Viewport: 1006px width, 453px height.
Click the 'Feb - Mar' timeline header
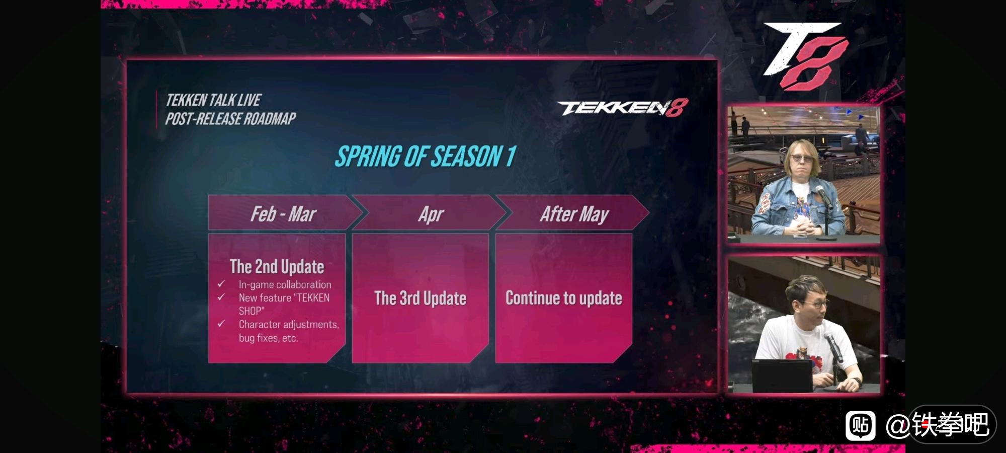(x=283, y=214)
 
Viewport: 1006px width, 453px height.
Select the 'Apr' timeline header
(x=431, y=214)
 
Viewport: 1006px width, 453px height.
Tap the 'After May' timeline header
(x=574, y=214)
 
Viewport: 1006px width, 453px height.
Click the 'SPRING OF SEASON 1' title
(x=426, y=157)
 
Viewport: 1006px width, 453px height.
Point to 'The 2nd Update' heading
(x=277, y=266)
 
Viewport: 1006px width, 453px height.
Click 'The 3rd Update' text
(x=421, y=298)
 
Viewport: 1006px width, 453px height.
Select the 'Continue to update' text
(x=564, y=298)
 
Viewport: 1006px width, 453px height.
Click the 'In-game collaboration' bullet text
(x=285, y=284)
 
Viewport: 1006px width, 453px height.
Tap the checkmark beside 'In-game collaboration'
(x=221, y=284)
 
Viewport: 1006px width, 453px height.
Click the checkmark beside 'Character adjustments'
(x=221, y=324)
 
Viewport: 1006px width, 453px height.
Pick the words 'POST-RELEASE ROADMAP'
(x=230, y=119)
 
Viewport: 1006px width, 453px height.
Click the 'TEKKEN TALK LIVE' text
(x=213, y=100)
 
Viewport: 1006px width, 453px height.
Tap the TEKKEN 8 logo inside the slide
(x=623, y=108)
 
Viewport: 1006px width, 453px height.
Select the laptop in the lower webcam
(x=782, y=375)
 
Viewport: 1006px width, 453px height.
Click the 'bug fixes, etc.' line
(x=268, y=338)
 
